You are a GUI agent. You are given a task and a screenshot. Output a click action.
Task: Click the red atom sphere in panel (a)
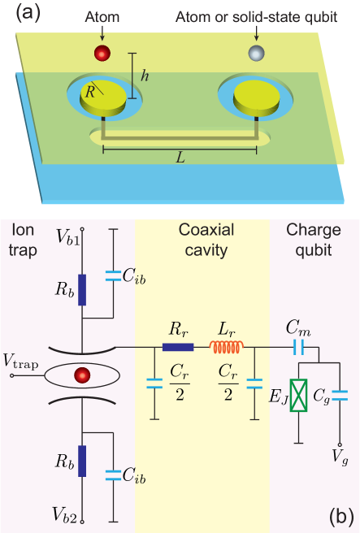[102, 54]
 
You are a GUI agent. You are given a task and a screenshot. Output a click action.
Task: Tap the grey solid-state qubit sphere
[257, 54]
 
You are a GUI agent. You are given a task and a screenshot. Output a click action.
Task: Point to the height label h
[145, 76]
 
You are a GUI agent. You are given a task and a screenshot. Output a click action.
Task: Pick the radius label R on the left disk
[91, 92]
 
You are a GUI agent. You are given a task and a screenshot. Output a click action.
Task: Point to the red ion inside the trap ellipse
[81, 376]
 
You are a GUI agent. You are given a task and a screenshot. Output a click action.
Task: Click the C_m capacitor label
[296, 326]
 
